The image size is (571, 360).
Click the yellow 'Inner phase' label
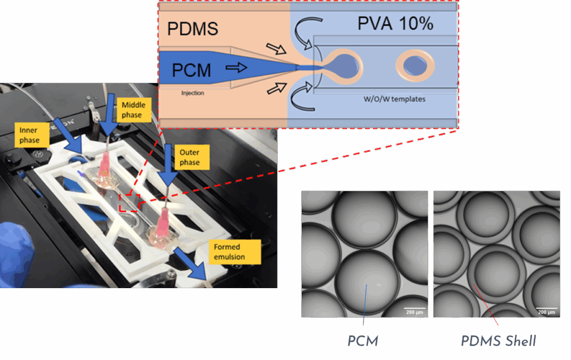[x=32, y=135]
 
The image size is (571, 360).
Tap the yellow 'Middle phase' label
[x=134, y=110]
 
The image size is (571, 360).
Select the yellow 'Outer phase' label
[x=192, y=157]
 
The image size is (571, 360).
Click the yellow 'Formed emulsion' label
[x=235, y=252]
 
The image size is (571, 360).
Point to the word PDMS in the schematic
[x=192, y=29]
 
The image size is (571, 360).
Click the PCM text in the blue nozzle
[x=191, y=70]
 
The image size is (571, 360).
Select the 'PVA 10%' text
[x=395, y=23]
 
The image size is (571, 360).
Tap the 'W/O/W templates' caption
[x=394, y=99]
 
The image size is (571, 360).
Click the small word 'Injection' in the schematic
[x=192, y=93]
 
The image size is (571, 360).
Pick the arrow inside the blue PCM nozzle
[x=236, y=67]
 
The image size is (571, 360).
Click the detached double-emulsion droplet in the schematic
[x=415, y=66]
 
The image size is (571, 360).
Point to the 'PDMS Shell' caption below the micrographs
[x=498, y=341]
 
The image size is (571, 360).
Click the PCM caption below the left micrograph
[x=362, y=342]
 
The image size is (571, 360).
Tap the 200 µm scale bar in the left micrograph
[x=414, y=309]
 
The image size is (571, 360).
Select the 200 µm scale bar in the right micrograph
[x=546, y=309]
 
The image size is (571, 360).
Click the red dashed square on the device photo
[x=130, y=202]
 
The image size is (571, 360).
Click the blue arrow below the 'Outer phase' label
[x=167, y=166]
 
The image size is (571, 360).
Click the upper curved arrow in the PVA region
[x=303, y=31]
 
